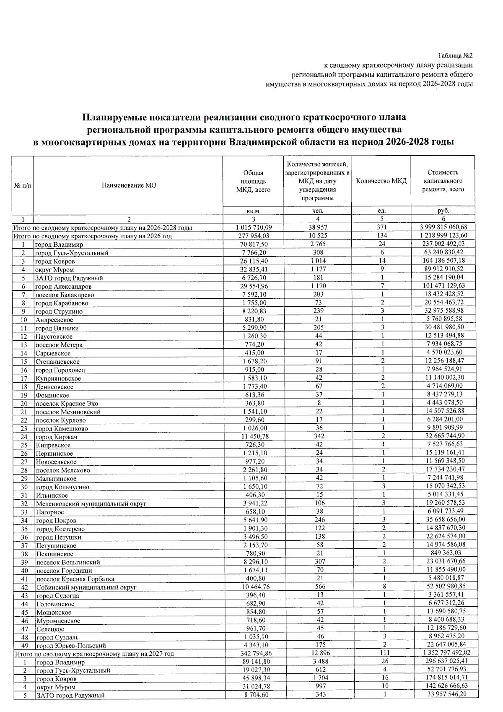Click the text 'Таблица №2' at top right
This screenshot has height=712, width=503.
[x=455, y=55]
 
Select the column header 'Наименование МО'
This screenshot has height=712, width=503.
[x=129, y=185]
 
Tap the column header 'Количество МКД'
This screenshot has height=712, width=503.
[x=381, y=181]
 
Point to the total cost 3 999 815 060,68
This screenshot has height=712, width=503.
[x=443, y=227]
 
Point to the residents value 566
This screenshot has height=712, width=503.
[x=318, y=587]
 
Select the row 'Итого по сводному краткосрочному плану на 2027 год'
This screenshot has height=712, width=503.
[x=94, y=654]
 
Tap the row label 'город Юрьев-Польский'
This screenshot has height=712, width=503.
[x=71, y=646]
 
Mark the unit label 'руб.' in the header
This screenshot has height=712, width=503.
[x=443, y=211]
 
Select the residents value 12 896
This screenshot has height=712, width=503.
[x=318, y=653]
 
